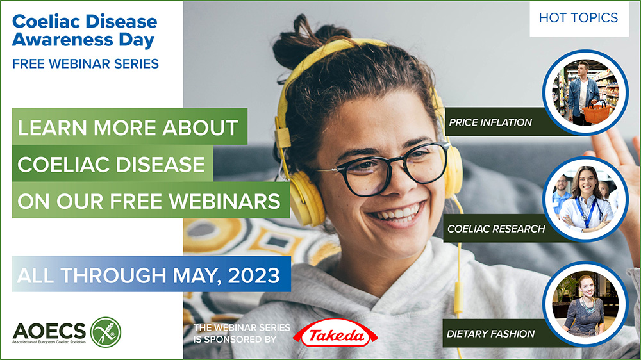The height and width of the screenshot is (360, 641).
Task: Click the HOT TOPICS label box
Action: click(x=578, y=18)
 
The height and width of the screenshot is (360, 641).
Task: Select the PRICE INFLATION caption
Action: click(x=490, y=122)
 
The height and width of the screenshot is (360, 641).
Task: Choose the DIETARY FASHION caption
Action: click(x=491, y=333)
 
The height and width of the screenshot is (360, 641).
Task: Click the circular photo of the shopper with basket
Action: click(x=585, y=92)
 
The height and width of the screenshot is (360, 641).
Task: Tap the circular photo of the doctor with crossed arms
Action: click(x=585, y=199)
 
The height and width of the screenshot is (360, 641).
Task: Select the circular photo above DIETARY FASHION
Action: click(x=585, y=304)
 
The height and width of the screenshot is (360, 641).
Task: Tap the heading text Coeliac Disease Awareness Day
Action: click(x=85, y=31)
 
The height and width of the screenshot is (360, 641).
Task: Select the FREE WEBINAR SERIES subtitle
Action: click(x=85, y=63)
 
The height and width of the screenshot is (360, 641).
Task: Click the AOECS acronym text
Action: click(x=49, y=330)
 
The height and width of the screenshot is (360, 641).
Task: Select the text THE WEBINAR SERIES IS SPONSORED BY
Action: click(x=242, y=333)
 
